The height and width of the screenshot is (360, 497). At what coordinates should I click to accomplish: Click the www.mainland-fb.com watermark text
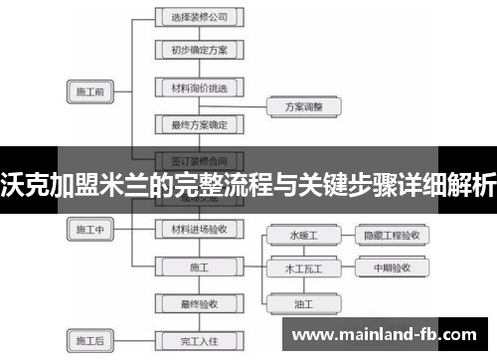389,335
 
